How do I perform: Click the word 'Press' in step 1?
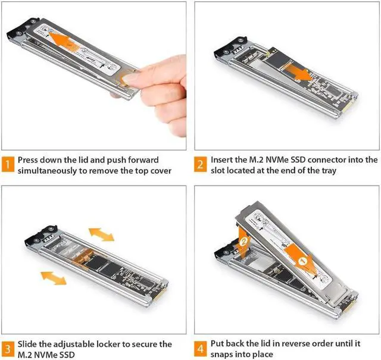pos(30,160)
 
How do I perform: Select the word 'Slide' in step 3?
pos(29,345)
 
